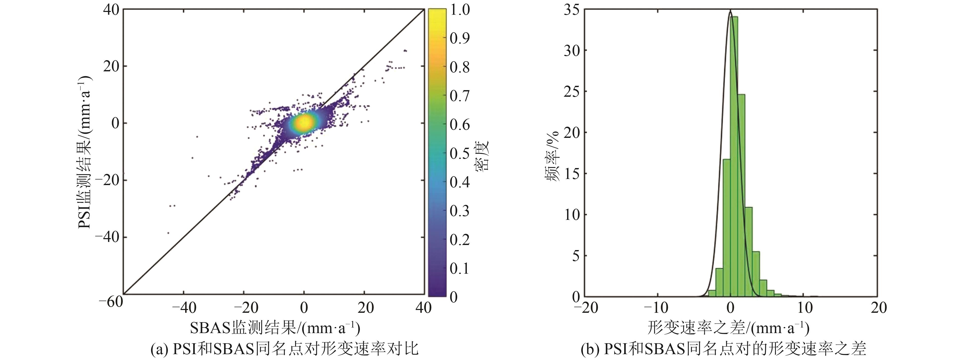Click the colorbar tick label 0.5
459,153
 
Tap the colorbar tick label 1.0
459,10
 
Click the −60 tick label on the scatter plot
111,302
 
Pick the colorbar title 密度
482,156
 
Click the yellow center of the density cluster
304,122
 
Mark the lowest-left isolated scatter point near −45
168,233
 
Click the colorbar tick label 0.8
459,67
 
